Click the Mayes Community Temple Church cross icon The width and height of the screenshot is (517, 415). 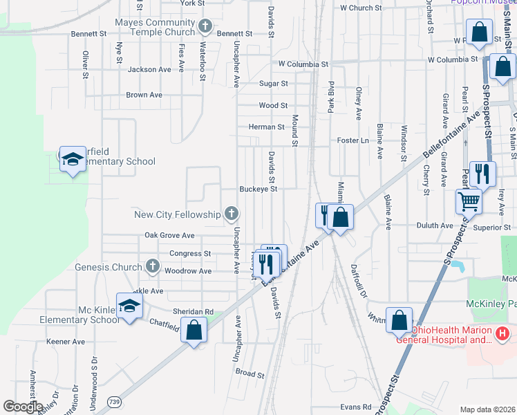click(x=205, y=27)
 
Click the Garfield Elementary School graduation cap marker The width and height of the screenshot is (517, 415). click(x=72, y=160)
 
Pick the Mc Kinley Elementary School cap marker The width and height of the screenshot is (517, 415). click(x=129, y=306)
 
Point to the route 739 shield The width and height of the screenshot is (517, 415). click(x=113, y=400)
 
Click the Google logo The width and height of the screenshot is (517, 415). click(x=23, y=407)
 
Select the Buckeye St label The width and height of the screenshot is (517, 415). click(x=258, y=189)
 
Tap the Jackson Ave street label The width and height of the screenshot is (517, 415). click(x=149, y=70)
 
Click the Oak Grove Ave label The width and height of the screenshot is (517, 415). click(x=169, y=235)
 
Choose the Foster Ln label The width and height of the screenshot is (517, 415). click(x=352, y=140)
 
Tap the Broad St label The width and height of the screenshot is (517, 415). click(x=250, y=373)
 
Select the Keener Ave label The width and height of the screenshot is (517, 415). click(x=65, y=342)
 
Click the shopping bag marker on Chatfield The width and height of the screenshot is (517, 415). click(x=194, y=329)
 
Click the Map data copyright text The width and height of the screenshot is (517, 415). click(x=487, y=409)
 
